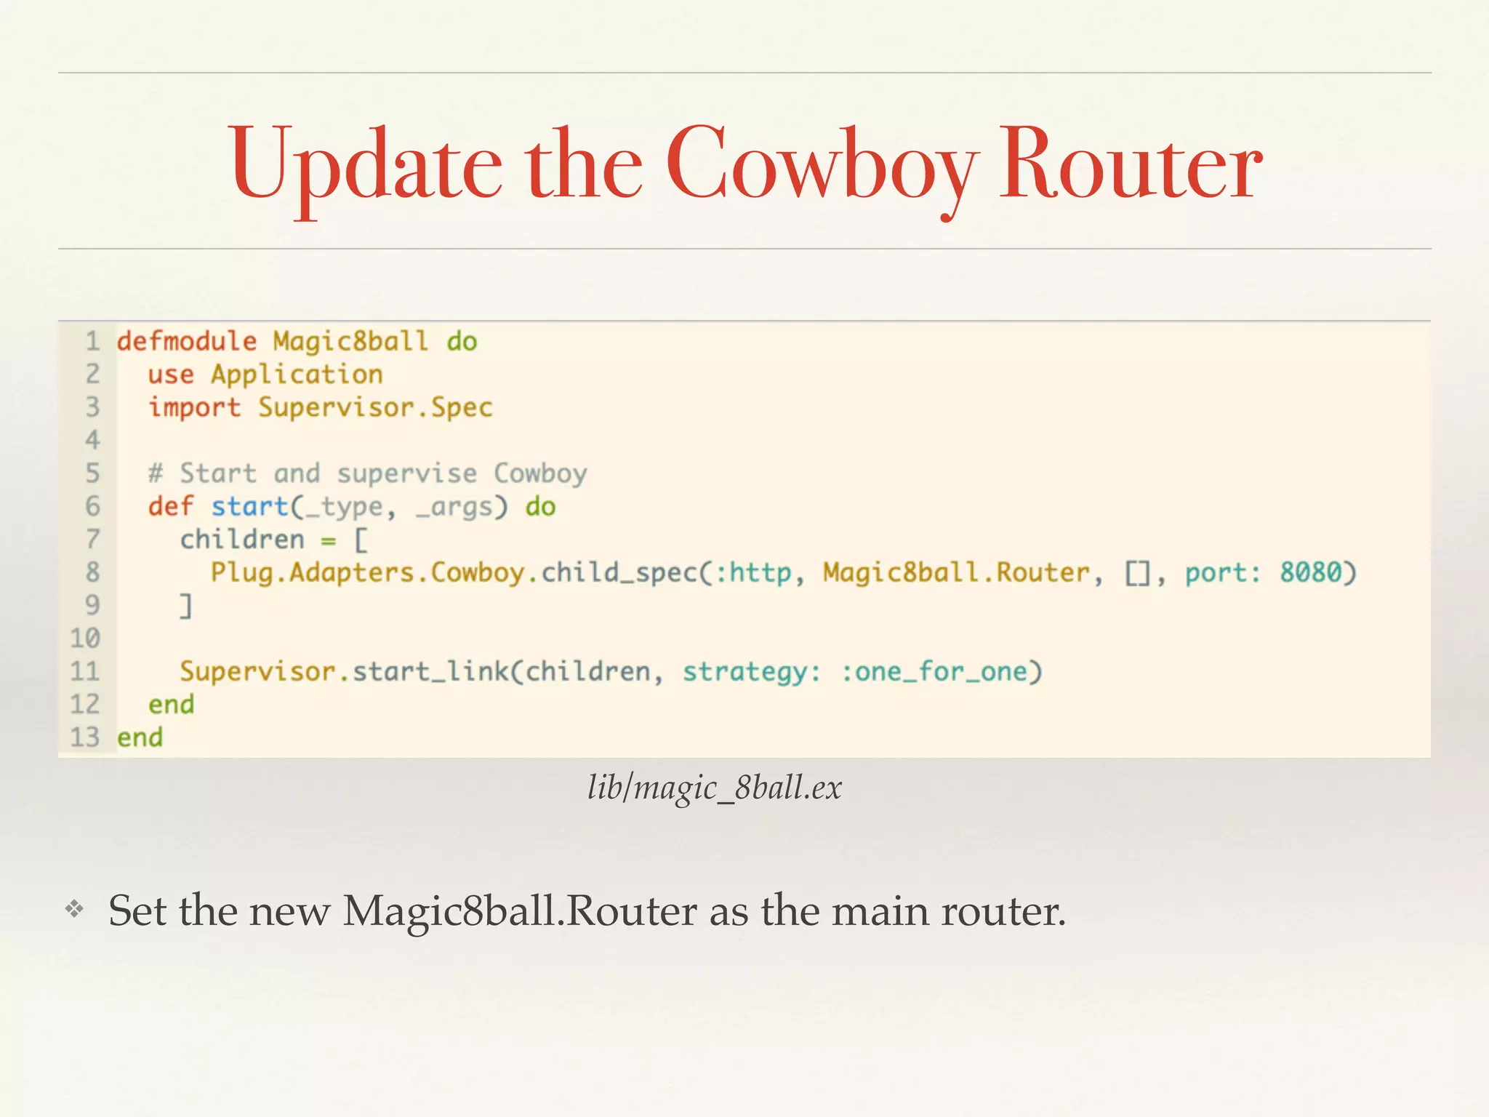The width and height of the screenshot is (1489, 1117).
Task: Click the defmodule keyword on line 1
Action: (x=187, y=341)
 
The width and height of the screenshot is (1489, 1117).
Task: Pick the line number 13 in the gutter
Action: (x=84, y=737)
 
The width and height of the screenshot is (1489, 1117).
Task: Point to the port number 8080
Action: (x=1310, y=572)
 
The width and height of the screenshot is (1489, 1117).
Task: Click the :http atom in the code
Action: (x=753, y=572)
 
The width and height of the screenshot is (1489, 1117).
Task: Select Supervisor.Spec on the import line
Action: (x=375, y=407)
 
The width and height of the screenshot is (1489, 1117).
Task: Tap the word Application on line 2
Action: (x=297, y=375)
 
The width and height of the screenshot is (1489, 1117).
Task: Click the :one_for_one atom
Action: (x=934, y=671)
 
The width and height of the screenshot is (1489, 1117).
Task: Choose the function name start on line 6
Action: (x=250, y=506)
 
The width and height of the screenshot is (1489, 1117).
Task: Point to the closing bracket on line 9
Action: (x=187, y=605)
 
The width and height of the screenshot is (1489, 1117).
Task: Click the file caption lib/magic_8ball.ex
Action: (x=715, y=788)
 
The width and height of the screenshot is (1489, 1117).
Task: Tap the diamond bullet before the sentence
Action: (x=74, y=908)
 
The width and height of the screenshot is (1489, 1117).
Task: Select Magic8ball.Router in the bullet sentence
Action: (x=519, y=910)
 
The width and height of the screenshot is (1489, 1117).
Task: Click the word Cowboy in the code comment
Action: (x=540, y=473)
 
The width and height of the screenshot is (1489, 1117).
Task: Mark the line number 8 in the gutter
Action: (x=92, y=572)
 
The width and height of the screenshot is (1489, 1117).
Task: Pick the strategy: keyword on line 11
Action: (x=752, y=671)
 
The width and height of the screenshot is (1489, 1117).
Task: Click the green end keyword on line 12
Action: (x=171, y=705)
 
